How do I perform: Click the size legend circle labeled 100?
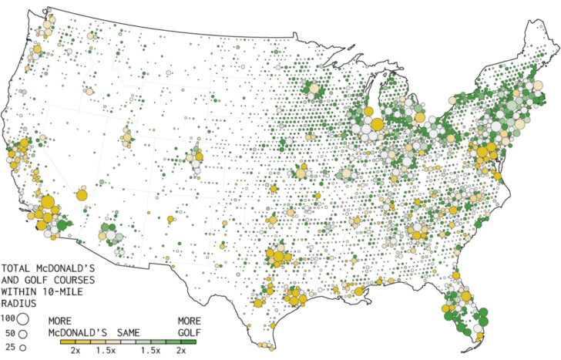pyautogui.click(x=23, y=318)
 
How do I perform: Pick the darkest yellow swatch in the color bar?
pyautogui.click(x=69, y=341)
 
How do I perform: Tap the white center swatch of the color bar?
pyautogui.click(x=128, y=341)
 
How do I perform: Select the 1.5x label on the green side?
pyautogui.click(x=151, y=351)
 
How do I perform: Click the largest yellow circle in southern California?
pyautogui.click(x=47, y=205)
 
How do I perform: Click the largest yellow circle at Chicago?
pyautogui.click(x=377, y=124)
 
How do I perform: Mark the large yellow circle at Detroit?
pyautogui.click(x=419, y=118)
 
